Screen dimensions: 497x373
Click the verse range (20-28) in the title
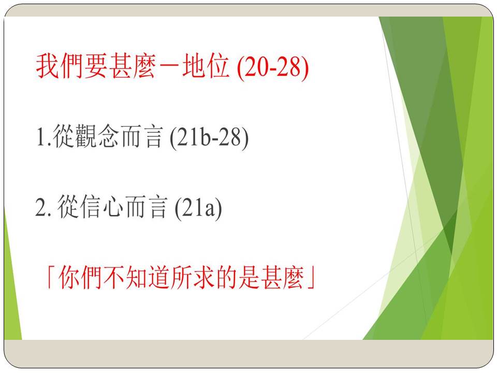[x=273, y=67]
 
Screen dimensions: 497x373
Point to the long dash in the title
[x=169, y=67]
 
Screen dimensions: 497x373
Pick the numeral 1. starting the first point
[x=44, y=137]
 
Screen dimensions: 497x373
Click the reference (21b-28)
[x=209, y=137]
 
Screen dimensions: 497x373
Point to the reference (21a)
[x=198, y=208]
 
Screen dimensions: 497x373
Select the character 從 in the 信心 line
[x=68, y=207]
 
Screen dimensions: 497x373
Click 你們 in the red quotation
[x=80, y=277]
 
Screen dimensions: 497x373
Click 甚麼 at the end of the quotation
[x=283, y=277]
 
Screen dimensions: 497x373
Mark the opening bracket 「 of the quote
[x=51, y=277]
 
